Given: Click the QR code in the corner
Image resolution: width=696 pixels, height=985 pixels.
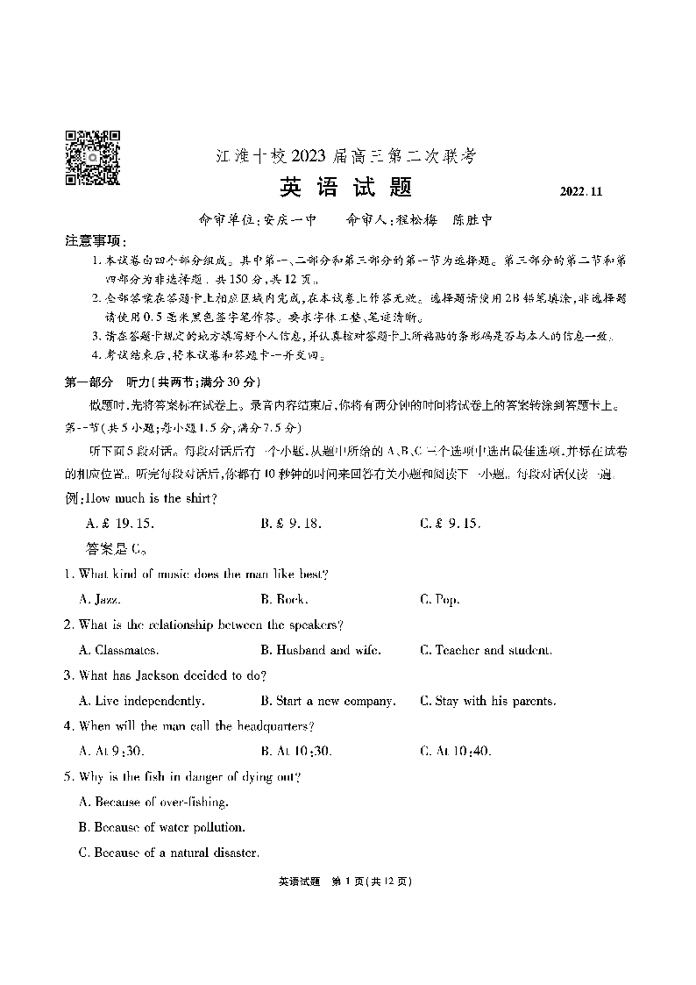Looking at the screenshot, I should (x=93, y=157).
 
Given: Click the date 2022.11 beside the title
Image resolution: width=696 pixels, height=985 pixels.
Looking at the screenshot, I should (x=579, y=192).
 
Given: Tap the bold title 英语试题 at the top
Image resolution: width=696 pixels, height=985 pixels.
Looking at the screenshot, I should (x=345, y=189).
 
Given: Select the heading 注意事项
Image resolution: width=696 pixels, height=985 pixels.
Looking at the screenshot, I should (x=96, y=241).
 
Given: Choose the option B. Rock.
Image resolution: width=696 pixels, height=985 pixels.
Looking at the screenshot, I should (x=284, y=600).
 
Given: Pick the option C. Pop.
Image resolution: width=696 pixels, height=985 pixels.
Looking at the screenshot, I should (x=440, y=600).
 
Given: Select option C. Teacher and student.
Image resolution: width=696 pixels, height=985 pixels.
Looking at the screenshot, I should (x=486, y=650).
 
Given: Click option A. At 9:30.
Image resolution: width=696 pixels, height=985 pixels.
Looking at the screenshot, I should (x=111, y=751).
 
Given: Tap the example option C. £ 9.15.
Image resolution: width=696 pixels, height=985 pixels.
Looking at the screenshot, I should (x=451, y=524).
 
